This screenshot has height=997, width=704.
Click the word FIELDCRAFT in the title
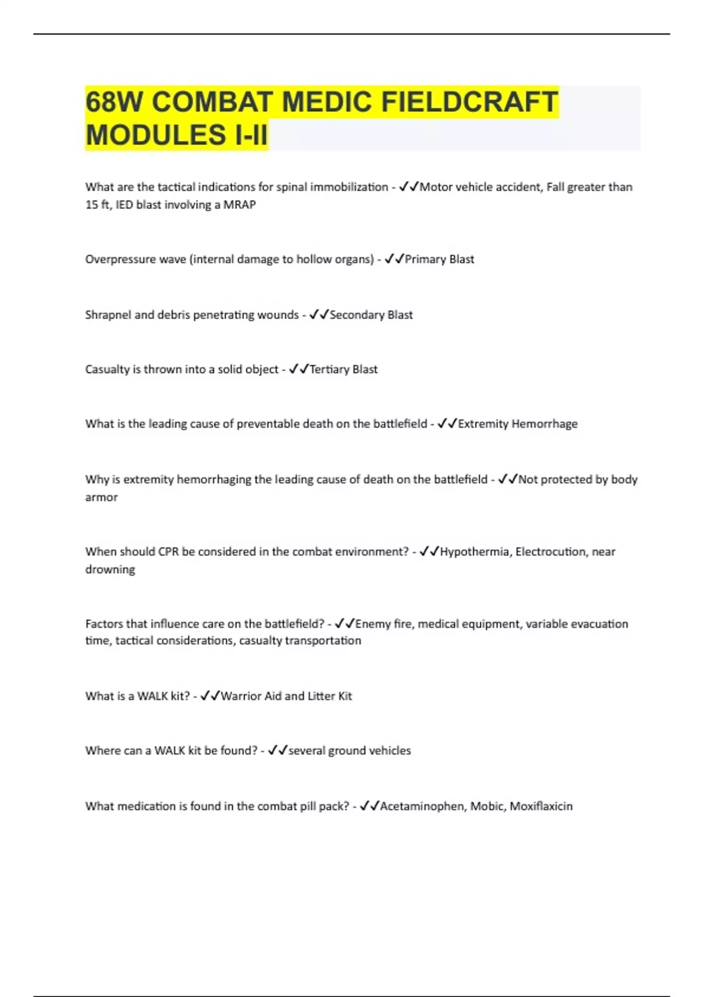(x=469, y=102)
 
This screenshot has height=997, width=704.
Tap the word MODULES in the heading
(x=157, y=135)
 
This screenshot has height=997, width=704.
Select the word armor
(x=101, y=497)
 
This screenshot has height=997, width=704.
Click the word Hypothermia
(x=475, y=552)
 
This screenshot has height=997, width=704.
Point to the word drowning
(x=110, y=569)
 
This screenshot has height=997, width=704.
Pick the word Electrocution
(x=551, y=552)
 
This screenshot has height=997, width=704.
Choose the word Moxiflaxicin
(x=541, y=806)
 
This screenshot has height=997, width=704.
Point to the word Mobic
(x=487, y=806)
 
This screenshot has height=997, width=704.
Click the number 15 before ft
(x=92, y=205)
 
